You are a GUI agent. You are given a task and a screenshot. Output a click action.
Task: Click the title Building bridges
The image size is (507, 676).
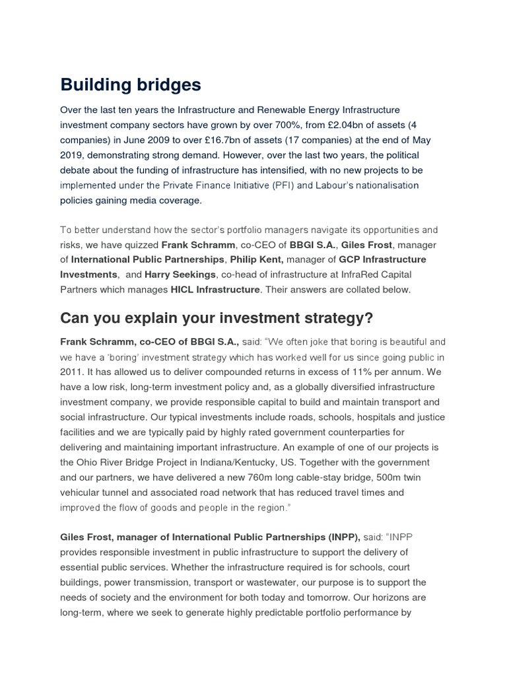click(x=131, y=85)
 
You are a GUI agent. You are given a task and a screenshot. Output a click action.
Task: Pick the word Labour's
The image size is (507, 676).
click(x=336, y=186)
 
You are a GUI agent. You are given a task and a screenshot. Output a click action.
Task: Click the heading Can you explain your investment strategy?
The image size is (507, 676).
click(x=217, y=319)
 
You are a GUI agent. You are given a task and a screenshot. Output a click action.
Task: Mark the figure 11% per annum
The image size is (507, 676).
click(x=366, y=372)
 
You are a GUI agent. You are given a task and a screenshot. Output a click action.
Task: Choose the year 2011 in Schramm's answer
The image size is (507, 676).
click(x=72, y=372)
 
